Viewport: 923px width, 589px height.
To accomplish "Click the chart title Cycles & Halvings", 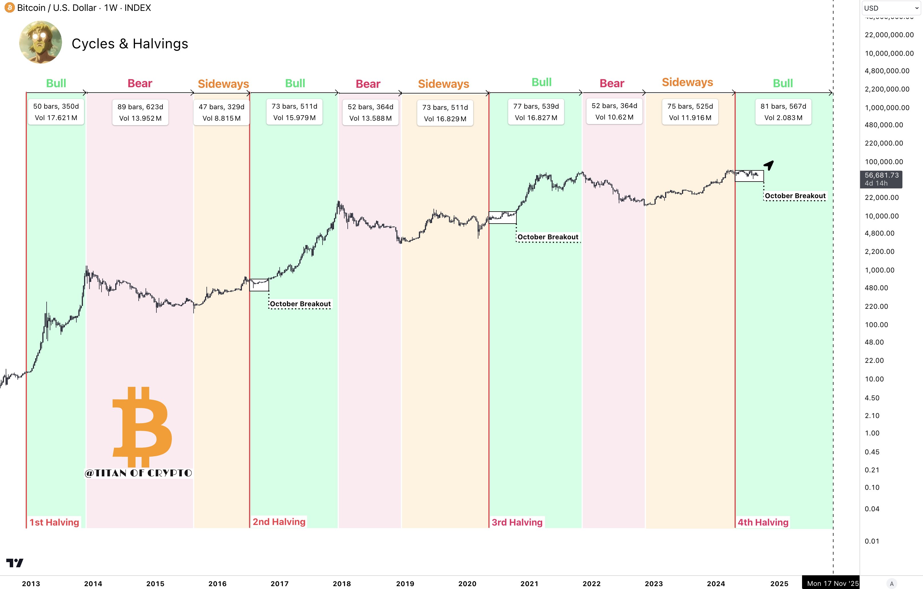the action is (130, 44).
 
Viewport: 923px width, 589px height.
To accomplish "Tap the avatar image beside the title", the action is (40, 42).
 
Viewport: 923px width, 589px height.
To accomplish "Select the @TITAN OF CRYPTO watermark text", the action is (138, 473).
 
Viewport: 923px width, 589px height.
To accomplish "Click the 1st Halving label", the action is (54, 522).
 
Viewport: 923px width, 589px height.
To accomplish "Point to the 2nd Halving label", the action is (279, 522).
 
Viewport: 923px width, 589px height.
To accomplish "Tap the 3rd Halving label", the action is (517, 522).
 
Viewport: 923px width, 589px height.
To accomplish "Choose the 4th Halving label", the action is (763, 522).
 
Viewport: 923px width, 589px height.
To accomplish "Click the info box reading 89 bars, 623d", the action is (140, 113).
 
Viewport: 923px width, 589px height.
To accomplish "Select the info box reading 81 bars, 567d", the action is (783, 112).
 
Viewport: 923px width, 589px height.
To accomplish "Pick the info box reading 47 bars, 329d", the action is (222, 113).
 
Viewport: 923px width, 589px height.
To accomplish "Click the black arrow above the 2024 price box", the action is (769, 165).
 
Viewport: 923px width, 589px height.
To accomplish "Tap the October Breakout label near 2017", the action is (300, 304).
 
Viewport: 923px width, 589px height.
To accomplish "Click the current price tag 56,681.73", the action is (881, 179).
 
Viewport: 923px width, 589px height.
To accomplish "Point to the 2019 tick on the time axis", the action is (405, 584).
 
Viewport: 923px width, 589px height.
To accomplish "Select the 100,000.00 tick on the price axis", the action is (884, 162).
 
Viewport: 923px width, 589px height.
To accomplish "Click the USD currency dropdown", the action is (891, 8).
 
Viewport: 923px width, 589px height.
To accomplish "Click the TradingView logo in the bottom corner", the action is (15, 563).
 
